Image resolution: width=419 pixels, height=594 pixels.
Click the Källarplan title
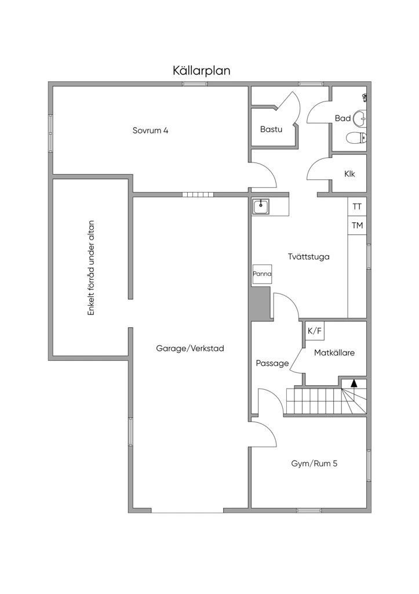[x=201, y=71]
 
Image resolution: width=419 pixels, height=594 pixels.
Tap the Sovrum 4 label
[x=150, y=131]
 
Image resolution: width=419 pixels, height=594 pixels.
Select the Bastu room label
[x=271, y=129]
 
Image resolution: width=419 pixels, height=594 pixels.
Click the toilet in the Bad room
[x=356, y=137]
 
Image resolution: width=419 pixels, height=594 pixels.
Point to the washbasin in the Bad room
[x=360, y=118]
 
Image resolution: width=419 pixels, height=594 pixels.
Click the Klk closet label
[x=349, y=174]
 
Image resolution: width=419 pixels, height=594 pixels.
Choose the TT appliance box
[x=357, y=207]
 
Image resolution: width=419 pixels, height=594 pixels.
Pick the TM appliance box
[x=357, y=226]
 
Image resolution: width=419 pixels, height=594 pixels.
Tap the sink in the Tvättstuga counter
[x=261, y=207]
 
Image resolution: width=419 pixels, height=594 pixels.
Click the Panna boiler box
[x=262, y=274]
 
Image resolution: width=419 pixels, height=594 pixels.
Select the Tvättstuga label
[x=308, y=257]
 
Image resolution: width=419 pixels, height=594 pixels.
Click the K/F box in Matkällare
[x=315, y=331]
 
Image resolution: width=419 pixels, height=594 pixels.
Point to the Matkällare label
[x=334, y=353]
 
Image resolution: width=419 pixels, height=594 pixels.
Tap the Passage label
[x=272, y=364]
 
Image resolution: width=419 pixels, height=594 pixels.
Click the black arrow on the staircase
[x=354, y=383]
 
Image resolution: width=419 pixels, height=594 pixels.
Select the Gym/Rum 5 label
[x=314, y=463]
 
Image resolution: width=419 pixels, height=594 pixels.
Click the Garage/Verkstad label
[x=190, y=349]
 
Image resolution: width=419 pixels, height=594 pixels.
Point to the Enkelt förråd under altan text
[x=91, y=268]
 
